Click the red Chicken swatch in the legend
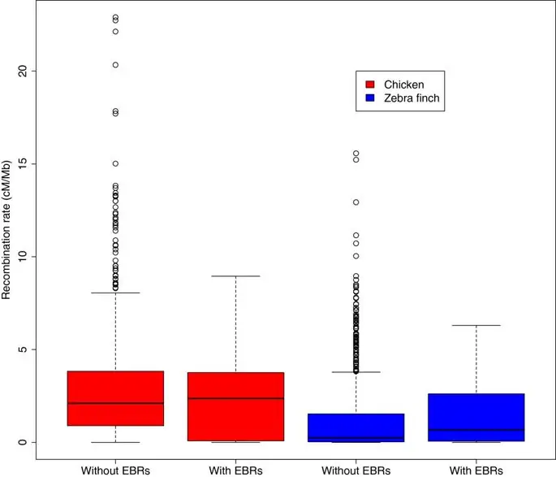(370, 84)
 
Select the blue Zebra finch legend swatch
(370, 98)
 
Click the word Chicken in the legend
(403, 84)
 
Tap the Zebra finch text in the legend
(412, 98)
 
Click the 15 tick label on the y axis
(25, 163)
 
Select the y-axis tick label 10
(25, 257)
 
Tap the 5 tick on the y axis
(25, 349)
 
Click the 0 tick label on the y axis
(25, 442)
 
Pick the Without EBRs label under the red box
(115, 469)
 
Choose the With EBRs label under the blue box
(476, 469)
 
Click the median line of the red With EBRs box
(235, 398)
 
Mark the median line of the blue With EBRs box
(476, 429)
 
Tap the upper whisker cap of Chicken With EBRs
(235, 276)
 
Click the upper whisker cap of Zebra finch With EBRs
(476, 325)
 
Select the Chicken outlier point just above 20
(115, 64)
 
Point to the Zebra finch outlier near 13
(356, 202)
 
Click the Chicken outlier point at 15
(115, 163)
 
